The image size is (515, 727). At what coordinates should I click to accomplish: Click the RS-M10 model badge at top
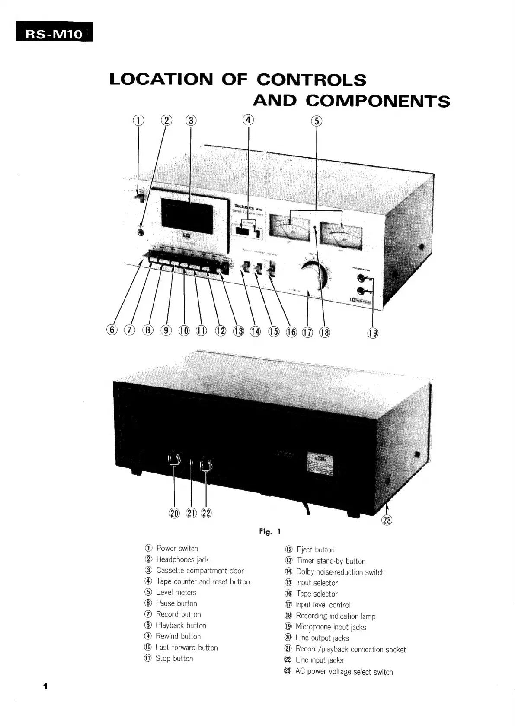(54, 33)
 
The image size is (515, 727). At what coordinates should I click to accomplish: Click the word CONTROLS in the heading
(311, 80)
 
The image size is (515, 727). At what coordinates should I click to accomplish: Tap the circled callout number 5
(317, 121)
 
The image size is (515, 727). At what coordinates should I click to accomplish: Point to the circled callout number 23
(387, 520)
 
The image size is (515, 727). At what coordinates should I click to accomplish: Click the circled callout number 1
(138, 121)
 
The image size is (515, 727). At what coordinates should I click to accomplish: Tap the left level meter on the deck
(289, 228)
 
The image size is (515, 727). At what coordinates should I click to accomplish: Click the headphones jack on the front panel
(141, 232)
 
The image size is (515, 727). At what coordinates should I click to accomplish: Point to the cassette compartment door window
(187, 215)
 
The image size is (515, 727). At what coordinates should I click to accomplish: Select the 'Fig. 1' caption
(270, 531)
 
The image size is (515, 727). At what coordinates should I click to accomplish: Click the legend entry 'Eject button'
(315, 550)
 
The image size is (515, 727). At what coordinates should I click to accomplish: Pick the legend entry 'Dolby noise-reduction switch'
(340, 572)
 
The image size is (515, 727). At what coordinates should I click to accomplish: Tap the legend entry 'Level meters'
(176, 592)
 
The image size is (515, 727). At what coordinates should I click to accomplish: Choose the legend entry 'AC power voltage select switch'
(344, 672)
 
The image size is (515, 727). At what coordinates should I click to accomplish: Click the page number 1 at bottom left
(45, 687)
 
